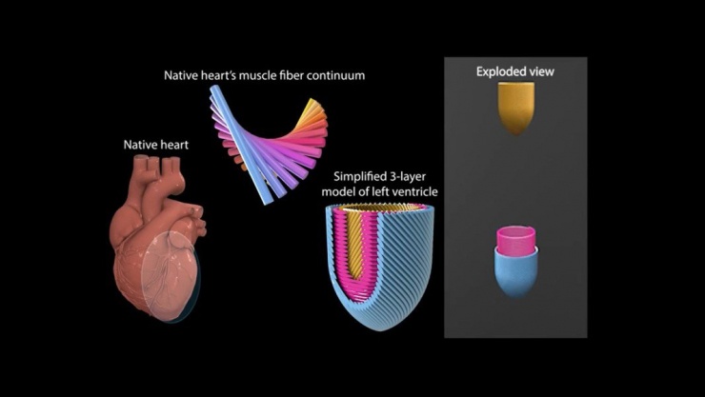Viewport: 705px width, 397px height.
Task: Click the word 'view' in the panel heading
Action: pos(541,71)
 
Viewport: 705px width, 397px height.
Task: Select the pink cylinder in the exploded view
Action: pos(515,240)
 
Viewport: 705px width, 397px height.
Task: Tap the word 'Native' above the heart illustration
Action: pos(141,145)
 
